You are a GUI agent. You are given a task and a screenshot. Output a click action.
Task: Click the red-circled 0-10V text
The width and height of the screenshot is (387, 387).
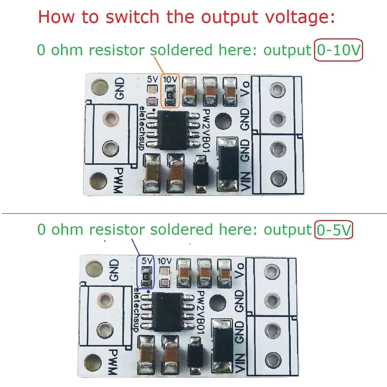click(338, 51)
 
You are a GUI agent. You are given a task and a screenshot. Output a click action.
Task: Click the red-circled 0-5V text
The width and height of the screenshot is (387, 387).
click(334, 230)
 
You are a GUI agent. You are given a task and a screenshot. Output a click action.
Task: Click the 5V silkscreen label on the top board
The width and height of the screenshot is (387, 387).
click(151, 79)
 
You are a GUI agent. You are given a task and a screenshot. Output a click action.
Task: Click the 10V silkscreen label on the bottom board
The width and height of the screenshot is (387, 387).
click(165, 261)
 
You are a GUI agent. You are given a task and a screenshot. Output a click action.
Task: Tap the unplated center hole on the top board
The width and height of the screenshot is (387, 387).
click(223, 120)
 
